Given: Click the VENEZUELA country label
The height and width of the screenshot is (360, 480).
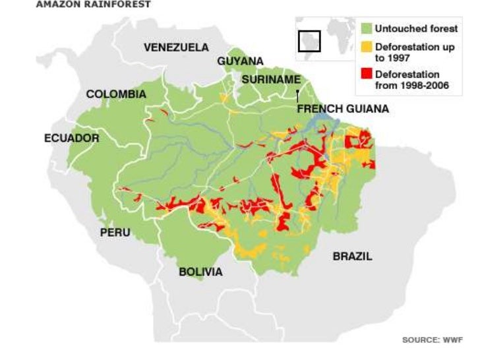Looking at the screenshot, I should pos(176,47).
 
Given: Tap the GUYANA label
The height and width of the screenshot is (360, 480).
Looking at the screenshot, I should pos(240,61).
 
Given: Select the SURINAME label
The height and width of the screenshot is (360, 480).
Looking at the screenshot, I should pos(271,79).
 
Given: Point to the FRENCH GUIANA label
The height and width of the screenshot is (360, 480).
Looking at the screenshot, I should pos(342,109).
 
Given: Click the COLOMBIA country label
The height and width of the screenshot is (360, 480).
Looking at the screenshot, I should pos(116,94).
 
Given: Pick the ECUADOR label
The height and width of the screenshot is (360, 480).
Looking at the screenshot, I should pos(71,138).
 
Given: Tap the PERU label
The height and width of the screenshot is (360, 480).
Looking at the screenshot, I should pos(115,232).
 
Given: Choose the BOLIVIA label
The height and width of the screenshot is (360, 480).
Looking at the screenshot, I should pos(200,272).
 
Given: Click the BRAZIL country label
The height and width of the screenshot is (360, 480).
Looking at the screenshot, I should pos(352,256).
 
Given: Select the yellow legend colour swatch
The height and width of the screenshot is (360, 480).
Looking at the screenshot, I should pos(367,47).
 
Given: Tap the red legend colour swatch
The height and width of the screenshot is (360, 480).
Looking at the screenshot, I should pos(367,75).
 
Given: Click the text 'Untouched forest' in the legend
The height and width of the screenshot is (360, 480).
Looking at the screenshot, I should pos(416,29).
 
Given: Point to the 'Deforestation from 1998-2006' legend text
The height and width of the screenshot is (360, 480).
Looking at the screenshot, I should pos(407,80).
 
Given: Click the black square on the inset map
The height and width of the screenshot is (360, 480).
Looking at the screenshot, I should pos(309,41).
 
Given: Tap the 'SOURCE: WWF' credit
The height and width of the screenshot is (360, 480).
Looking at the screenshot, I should pos(432,340).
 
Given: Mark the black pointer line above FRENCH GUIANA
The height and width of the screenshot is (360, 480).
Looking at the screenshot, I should pos(298,96).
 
